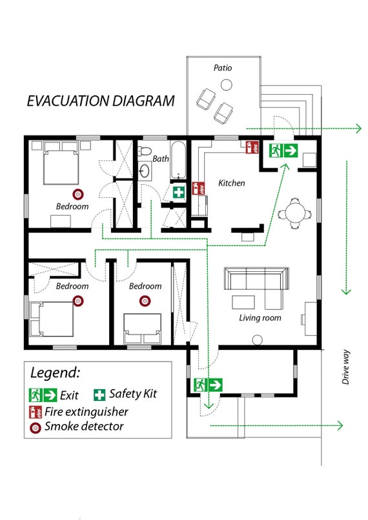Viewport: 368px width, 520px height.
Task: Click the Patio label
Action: pyautogui.click(x=223, y=68)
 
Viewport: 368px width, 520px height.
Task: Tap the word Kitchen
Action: pyautogui.click(x=232, y=183)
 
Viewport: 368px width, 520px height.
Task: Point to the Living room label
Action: pyautogui.click(x=260, y=318)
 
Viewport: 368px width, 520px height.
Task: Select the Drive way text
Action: pyautogui.click(x=346, y=367)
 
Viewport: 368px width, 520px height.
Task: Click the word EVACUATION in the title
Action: pyautogui.click(x=68, y=101)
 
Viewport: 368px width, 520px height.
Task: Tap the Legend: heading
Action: pyautogui.click(x=55, y=372)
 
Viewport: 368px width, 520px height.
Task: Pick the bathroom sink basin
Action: pyautogui.click(x=145, y=171)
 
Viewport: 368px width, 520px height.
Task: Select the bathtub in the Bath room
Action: pyautogui.click(x=178, y=160)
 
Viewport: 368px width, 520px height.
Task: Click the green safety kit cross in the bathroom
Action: pyautogui.click(x=179, y=193)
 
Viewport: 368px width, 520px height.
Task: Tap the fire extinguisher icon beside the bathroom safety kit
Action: pyautogui.click(x=198, y=188)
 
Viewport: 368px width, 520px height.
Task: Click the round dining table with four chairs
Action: pyautogui.click(x=295, y=213)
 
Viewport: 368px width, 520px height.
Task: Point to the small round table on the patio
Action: pyautogui.click(x=226, y=84)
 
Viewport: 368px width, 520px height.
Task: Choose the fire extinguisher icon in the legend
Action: pyautogui.click(x=36, y=412)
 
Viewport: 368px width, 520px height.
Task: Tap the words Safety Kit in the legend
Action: pyautogui.click(x=133, y=394)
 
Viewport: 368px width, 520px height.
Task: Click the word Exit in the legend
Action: pyautogui.click(x=69, y=395)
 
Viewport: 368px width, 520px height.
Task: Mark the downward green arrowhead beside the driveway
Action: pyautogui.click(x=347, y=291)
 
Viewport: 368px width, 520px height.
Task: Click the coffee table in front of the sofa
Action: pyautogui.click(x=243, y=302)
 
